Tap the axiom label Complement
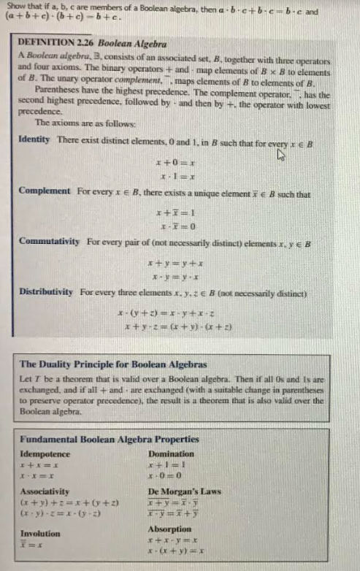coord(45,195)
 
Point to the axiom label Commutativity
coord(50,240)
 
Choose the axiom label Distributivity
coord(46,292)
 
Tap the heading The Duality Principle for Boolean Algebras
coord(112,364)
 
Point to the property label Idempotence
coord(45,453)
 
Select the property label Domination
coord(172,453)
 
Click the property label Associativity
coord(45,491)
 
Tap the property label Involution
coord(40,533)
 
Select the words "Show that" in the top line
coord(22,5)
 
